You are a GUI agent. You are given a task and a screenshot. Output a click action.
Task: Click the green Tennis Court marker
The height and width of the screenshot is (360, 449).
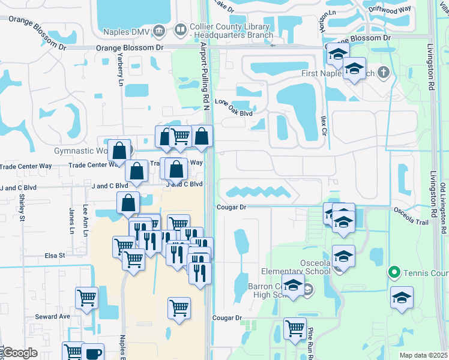point(394,274)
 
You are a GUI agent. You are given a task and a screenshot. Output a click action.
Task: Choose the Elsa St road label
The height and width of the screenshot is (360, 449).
point(55,256)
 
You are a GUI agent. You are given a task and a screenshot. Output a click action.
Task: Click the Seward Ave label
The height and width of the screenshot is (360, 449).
point(52,316)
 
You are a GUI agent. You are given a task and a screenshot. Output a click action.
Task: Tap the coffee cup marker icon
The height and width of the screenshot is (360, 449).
point(93,353)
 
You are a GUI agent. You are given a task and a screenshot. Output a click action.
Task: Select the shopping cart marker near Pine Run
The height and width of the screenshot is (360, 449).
point(294,329)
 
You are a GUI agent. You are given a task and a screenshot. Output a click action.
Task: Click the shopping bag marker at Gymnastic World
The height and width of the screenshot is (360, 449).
point(119,150)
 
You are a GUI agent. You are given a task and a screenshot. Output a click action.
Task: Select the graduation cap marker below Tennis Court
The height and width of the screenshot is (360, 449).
point(402,297)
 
